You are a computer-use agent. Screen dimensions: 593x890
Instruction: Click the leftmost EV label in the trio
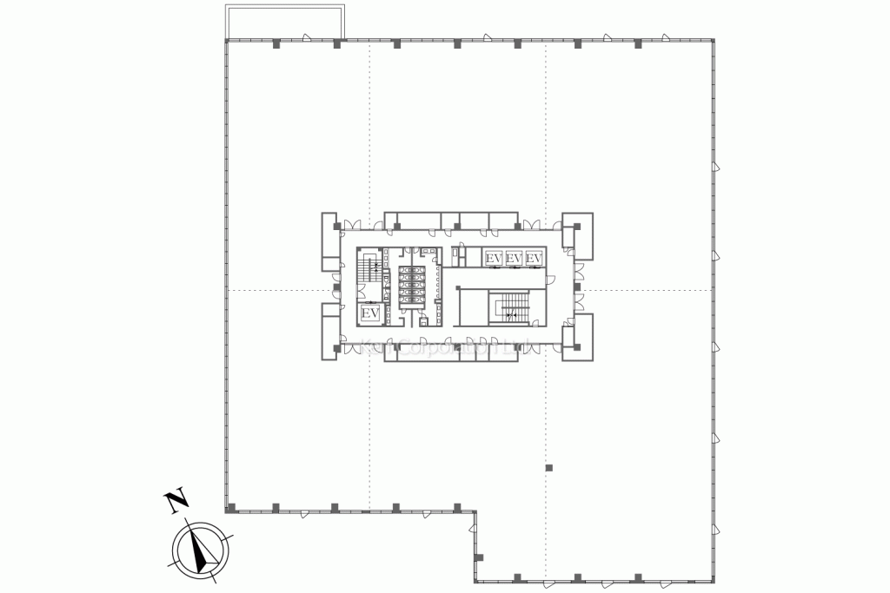pos(494,259)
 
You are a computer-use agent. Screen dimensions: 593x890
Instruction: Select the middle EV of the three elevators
pos(514,259)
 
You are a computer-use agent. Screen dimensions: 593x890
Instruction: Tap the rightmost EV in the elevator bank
pos(534,259)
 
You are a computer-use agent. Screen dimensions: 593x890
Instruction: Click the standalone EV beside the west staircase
pos(369,313)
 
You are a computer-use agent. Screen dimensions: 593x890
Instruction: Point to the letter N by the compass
pos(176,499)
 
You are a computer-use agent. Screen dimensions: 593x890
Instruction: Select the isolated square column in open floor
pos(548,468)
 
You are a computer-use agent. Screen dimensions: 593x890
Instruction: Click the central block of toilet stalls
pos(410,287)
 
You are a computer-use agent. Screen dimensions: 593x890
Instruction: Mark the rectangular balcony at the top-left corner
pos(283,22)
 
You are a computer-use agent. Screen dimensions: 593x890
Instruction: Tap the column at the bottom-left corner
pos(230,508)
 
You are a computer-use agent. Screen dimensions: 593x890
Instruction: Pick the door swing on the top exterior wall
pos(307,37)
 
